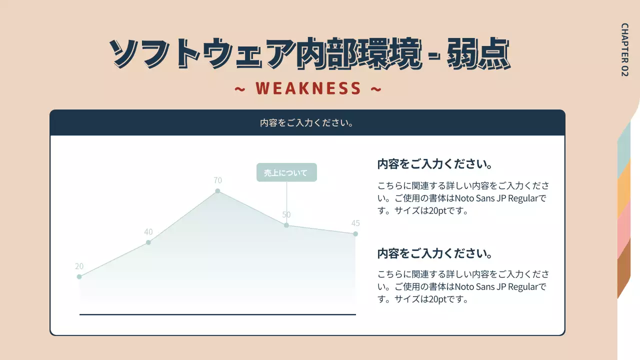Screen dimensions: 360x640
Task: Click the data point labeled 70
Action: click(217, 191)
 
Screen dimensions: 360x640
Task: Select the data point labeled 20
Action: click(79, 276)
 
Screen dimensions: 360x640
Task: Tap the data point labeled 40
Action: click(148, 242)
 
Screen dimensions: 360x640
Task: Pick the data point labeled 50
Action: click(286, 225)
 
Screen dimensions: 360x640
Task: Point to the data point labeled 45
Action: click(355, 234)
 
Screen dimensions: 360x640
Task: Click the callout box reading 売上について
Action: click(286, 172)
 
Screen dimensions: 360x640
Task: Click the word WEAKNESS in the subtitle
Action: click(308, 88)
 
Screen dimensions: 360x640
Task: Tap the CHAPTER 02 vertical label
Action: click(624, 49)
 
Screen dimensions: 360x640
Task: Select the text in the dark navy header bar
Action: click(307, 122)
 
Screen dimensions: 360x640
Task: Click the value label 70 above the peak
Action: click(217, 180)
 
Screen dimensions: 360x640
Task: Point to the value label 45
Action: click(355, 223)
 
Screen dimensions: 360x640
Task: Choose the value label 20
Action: click(79, 266)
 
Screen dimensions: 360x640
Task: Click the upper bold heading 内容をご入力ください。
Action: click(435, 164)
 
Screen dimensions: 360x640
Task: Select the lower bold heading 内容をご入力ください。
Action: click(435, 253)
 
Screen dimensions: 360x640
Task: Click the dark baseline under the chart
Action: click(217, 314)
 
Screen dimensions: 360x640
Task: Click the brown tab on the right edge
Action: click(623, 267)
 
